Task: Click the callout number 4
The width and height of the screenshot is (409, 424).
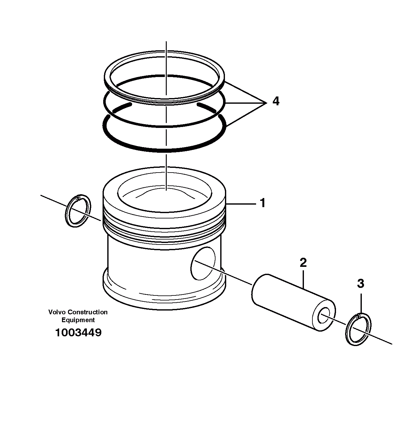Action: [276, 102]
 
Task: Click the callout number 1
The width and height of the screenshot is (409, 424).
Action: [262, 203]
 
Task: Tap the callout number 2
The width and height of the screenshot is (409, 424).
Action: [303, 262]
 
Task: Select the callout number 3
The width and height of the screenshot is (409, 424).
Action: [361, 284]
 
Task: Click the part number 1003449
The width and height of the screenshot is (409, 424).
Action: [78, 332]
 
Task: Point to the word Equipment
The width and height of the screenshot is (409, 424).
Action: [78, 320]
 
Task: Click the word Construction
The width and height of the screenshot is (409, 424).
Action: [88, 312]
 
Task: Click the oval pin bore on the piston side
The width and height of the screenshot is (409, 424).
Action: [203, 263]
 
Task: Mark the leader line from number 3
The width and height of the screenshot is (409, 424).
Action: [361, 303]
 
